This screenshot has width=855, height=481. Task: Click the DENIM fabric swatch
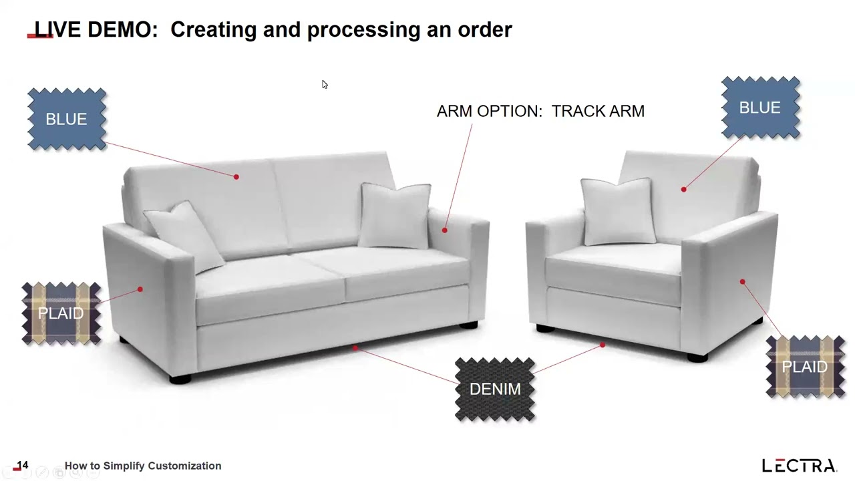click(495, 389)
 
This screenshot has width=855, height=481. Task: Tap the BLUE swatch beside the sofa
click(67, 119)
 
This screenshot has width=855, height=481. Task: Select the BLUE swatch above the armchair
click(760, 108)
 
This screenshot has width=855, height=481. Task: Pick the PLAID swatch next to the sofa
click(61, 313)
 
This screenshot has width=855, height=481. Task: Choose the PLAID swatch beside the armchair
click(806, 367)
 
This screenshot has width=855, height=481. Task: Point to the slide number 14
click(23, 465)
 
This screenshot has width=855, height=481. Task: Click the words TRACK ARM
click(598, 111)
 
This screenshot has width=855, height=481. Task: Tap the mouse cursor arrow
click(325, 84)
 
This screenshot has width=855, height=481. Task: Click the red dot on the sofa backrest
click(236, 177)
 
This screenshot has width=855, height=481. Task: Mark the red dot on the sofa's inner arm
click(445, 230)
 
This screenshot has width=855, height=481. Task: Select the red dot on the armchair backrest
click(683, 189)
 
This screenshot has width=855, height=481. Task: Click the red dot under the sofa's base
click(355, 348)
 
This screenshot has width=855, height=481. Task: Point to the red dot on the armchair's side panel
click(742, 282)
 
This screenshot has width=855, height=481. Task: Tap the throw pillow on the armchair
click(618, 211)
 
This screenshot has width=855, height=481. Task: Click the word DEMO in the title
click(122, 29)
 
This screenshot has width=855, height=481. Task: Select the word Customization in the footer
click(185, 466)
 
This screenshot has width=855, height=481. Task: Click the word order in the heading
click(485, 29)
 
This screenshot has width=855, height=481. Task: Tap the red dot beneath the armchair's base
click(603, 345)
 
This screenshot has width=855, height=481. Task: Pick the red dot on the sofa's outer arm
click(140, 289)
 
